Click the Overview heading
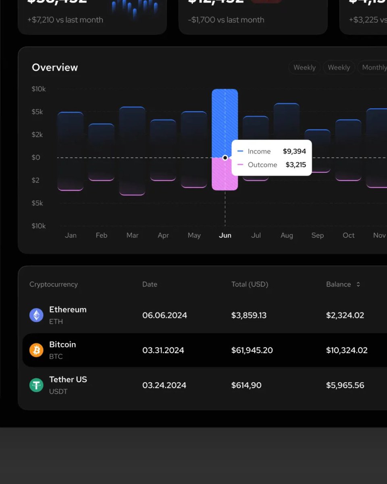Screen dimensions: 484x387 (x=55, y=67)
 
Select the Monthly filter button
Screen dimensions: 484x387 (x=373, y=67)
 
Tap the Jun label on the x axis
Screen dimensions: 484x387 (x=225, y=235)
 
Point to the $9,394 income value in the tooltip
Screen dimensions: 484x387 (x=294, y=151)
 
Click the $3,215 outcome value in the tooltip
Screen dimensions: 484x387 (x=295, y=165)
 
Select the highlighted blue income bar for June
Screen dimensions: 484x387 (x=225, y=121)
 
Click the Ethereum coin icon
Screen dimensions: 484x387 (x=36, y=315)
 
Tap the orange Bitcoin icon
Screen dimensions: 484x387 (x=36, y=350)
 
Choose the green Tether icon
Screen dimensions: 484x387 (x=36, y=385)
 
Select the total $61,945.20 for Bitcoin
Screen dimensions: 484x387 (x=252, y=350)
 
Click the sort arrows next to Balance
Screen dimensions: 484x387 (x=358, y=284)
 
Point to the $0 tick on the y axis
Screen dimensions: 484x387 (x=36, y=157)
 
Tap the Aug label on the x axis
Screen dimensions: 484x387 (x=287, y=235)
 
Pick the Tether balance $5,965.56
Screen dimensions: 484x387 (x=345, y=385)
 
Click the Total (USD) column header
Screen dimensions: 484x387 (x=250, y=284)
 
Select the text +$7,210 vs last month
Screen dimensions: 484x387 (x=65, y=20)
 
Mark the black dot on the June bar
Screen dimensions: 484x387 (x=225, y=158)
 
